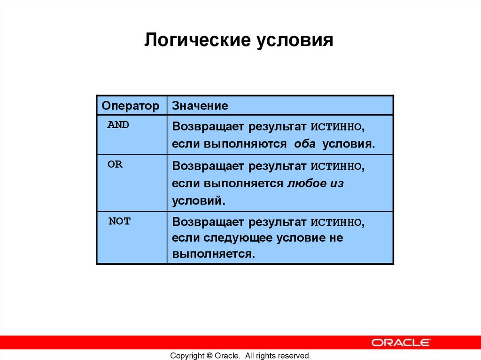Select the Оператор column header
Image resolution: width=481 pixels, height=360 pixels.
point(131,106)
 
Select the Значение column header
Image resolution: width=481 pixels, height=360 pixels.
point(200,106)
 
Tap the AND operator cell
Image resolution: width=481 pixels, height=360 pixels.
point(118,125)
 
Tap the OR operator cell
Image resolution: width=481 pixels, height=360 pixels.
point(115,165)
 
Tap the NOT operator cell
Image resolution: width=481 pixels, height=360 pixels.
point(119,222)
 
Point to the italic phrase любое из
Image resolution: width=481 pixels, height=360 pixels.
point(315,184)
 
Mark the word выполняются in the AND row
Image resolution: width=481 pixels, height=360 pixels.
point(245,144)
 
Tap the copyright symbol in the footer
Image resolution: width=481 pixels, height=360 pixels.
point(209,356)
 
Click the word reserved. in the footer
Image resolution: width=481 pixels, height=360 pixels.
point(295,356)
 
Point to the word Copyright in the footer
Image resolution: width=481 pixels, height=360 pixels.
point(187,356)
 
